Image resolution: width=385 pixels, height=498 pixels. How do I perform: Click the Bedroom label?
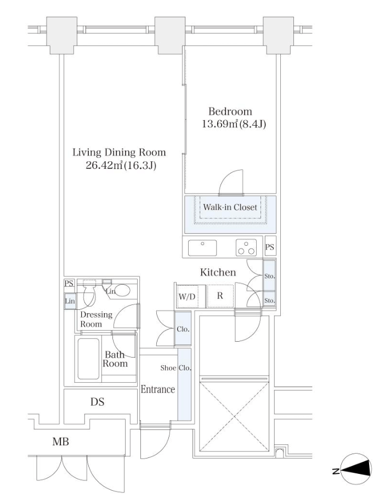230,111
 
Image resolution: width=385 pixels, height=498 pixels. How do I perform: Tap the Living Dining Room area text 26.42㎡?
104,166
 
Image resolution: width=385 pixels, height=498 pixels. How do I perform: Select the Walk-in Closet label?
230,207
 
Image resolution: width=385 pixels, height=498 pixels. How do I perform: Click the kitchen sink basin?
202,248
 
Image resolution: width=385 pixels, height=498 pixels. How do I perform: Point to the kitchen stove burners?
246,248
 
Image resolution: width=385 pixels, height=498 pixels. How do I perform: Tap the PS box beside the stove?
270,247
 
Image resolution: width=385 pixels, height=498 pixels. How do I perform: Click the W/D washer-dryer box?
188,296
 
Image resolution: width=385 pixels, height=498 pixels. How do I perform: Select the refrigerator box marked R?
220,296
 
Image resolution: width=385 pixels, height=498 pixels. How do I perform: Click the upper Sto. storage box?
269,276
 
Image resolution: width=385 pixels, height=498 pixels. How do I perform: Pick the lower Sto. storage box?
269,299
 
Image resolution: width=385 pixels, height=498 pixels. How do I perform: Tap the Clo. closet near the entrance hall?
183,329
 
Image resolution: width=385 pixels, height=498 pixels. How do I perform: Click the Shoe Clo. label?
175,368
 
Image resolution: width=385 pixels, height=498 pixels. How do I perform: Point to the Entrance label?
158,389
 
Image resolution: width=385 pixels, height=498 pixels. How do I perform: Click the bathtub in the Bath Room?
88,359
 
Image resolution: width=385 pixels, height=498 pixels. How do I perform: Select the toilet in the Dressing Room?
89,294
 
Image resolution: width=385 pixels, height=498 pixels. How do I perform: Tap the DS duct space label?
97,402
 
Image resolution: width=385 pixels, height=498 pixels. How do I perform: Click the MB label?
61,442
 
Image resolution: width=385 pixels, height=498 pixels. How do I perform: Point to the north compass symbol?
355,469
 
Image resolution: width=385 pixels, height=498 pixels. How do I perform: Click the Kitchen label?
218,272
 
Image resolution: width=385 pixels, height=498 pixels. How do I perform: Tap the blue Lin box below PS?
70,301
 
